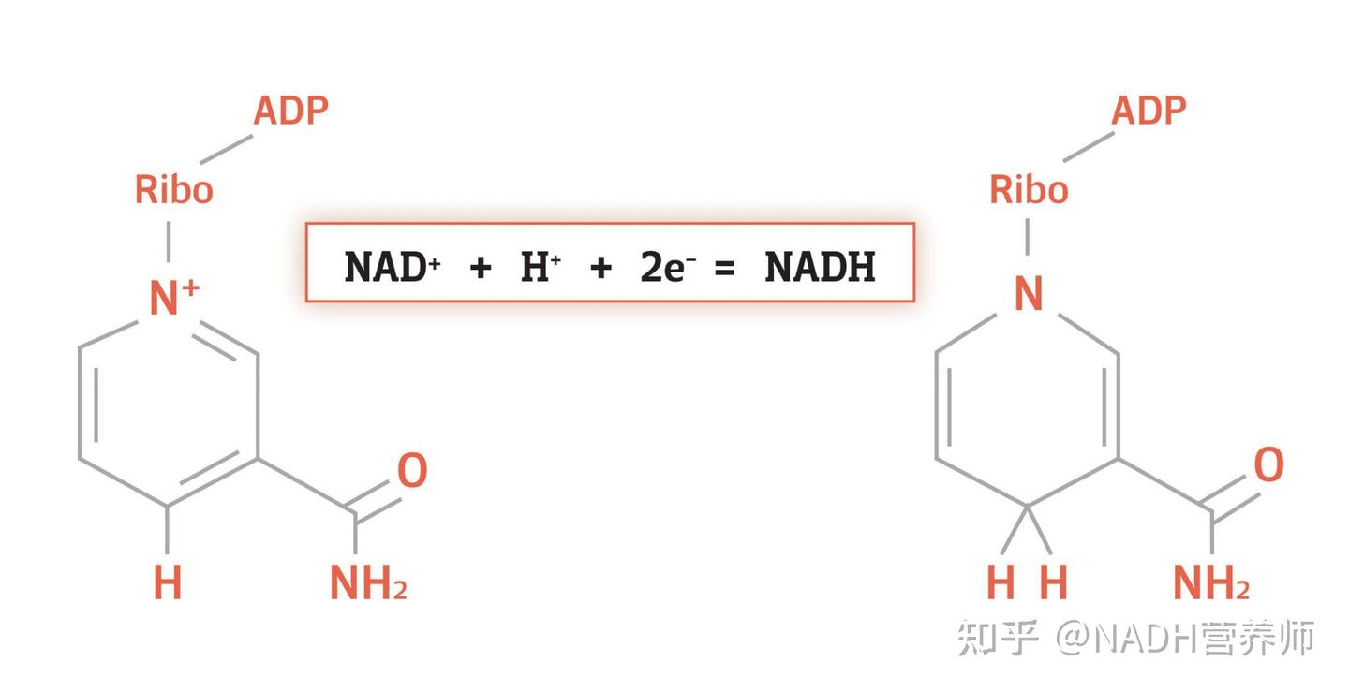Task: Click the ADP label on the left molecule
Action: (290, 110)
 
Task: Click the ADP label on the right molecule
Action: (1149, 110)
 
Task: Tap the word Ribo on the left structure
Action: (174, 189)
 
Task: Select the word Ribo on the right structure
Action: (1029, 189)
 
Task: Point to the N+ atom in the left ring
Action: (173, 297)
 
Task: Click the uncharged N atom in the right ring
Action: (1028, 294)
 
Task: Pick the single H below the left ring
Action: (168, 582)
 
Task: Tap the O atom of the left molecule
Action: (412, 470)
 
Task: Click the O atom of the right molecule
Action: (1268, 465)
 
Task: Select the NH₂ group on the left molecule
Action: (368, 582)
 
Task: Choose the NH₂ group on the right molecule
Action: (1211, 582)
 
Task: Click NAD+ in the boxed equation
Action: (392, 267)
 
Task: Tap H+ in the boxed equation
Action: (541, 267)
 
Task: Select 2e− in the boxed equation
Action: (668, 267)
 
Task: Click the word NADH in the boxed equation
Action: (820, 267)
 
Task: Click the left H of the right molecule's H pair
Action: (1001, 582)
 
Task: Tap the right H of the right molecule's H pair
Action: (1054, 582)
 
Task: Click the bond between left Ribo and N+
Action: (169, 242)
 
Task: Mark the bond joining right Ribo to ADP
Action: (1089, 147)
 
